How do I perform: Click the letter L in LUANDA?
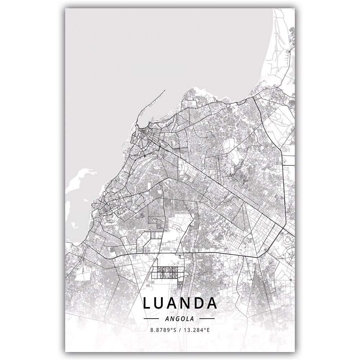147,303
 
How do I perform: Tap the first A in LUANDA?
176,303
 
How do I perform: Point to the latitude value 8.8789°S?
164,329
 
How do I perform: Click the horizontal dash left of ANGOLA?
151,319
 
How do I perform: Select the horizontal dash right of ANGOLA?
207,319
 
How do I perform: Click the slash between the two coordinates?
181,329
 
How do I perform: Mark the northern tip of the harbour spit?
165,91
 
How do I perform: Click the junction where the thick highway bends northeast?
257,257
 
